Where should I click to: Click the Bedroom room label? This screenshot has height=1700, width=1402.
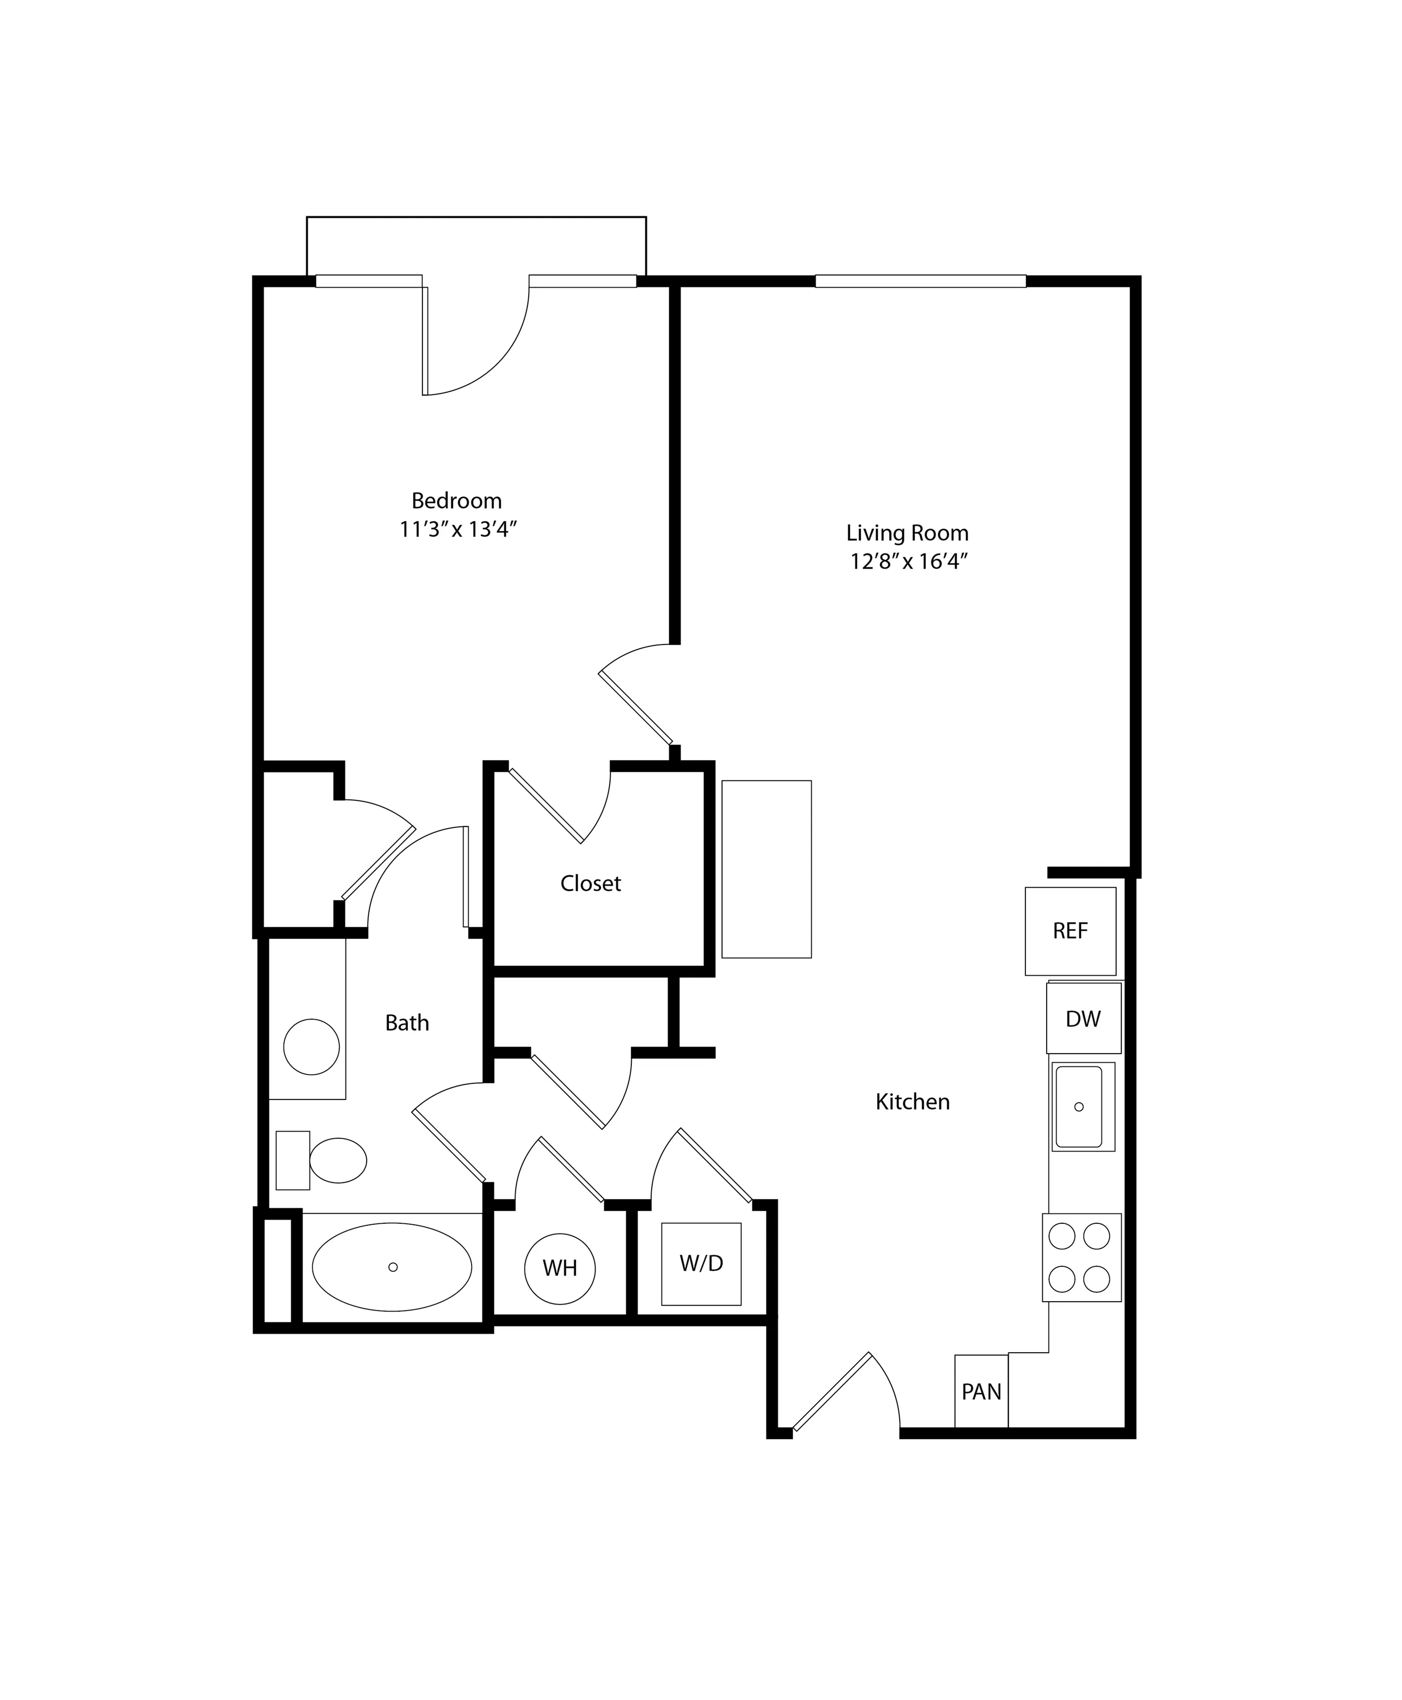456,501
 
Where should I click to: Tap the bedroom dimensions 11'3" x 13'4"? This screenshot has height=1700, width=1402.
458,530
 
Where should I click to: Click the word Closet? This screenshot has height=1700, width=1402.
590,884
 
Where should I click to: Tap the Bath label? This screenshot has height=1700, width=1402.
407,1023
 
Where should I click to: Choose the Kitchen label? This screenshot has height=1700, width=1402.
912,1101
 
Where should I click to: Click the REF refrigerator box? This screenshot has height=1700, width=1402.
1070,931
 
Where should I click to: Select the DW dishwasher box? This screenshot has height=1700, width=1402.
1083,1018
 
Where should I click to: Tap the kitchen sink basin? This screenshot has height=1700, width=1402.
1079,1107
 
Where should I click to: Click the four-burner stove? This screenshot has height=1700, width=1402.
1081,1257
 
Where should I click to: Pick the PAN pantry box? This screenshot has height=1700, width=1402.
981,1391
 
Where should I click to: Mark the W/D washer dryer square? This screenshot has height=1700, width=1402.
701,1264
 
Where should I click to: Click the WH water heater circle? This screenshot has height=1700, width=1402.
559,1269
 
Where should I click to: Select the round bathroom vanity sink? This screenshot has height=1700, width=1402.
312,1047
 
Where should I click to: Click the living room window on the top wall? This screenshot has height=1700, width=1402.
920,281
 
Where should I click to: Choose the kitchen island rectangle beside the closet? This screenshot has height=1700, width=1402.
766,869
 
